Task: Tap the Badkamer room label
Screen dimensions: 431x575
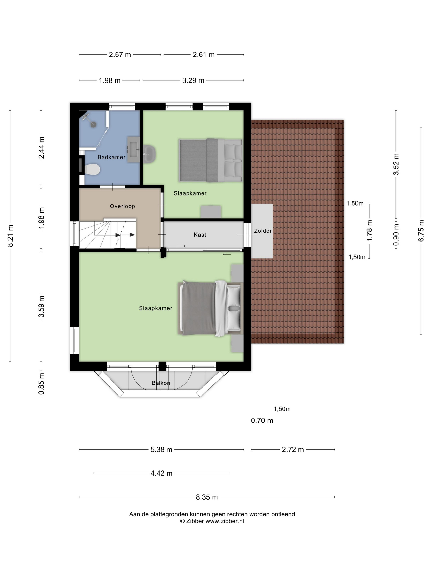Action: coord(111,157)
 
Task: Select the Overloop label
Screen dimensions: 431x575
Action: coord(122,206)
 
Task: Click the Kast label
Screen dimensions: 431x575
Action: coord(200,235)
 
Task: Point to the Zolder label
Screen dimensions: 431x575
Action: coord(263,231)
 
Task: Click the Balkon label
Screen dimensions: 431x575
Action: coord(160,383)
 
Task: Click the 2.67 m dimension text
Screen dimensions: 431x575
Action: coord(120,55)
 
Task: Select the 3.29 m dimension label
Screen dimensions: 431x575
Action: coord(193,80)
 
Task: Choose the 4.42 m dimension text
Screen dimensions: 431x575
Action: coord(161,473)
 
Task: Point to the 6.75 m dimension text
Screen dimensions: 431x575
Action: coord(421,231)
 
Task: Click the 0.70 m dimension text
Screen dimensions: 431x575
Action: coord(262,420)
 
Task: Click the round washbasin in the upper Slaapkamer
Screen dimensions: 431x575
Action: coord(149,154)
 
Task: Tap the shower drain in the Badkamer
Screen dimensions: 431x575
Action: coord(93,124)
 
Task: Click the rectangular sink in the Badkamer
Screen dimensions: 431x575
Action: coord(133,149)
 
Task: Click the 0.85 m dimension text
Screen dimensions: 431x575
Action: coord(41,383)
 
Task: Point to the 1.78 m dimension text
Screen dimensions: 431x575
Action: coord(369,230)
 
